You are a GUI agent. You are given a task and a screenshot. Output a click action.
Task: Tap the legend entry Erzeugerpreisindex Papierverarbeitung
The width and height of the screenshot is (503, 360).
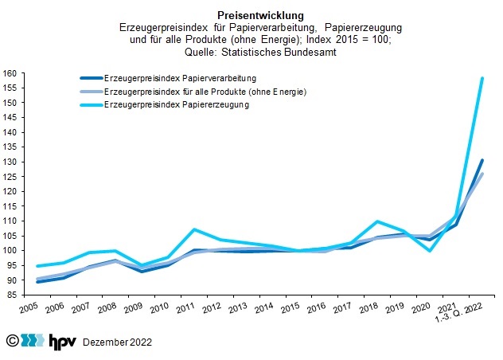pyautogui.click(x=180, y=78)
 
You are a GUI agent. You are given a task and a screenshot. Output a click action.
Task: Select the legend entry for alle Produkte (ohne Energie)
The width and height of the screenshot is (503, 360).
pyautogui.click(x=205, y=92)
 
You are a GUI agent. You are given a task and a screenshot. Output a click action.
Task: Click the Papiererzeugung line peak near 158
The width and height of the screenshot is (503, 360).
pyautogui.click(x=482, y=78)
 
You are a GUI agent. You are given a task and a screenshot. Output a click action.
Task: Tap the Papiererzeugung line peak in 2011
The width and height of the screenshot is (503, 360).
pyautogui.click(x=194, y=229)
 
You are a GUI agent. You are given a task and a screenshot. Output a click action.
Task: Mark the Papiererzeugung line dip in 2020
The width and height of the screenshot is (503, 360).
pyautogui.click(x=431, y=251)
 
